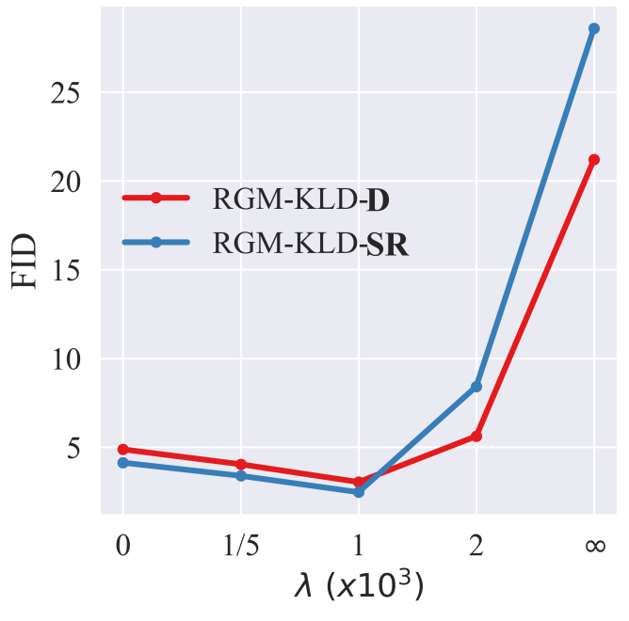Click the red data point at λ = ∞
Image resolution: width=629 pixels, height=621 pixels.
(x=594, y=160)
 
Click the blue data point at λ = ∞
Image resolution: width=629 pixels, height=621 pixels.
(x=594, y=28)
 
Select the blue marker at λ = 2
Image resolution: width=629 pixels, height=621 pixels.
(x=476, y=387)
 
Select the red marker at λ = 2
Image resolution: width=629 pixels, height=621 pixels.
(x=476, y=437)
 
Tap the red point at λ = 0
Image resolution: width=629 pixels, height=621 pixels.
(x=123, y=450)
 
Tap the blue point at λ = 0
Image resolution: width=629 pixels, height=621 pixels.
(x=123, y=463)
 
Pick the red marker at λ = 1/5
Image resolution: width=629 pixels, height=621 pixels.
(x=241, y=464)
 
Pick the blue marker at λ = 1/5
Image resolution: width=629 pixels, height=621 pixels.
(x=241, y=475)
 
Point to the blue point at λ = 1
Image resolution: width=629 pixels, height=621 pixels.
(x=359, y=491)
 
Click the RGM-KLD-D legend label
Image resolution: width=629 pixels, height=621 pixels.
(x=301, y=199)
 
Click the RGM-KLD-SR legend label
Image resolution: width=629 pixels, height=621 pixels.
(x=311, y=244)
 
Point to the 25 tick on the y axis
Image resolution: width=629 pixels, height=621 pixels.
(x=65, y=94)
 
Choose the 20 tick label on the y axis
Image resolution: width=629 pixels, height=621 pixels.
(x=65, y=183)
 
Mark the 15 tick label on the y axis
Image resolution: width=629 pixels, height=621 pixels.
(x=65, y=271)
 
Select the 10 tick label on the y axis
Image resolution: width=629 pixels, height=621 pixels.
(x=66, y=359)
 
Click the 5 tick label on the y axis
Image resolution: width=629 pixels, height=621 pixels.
(x=73, y=448)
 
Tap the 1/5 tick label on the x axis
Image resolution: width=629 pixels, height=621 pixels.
(x=241, y=545)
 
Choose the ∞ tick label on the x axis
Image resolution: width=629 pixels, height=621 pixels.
(x=595, y=546)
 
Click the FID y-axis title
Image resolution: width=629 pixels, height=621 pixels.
(x=24, y=261)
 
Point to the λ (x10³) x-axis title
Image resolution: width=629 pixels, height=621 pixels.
(x=359, y=586)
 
